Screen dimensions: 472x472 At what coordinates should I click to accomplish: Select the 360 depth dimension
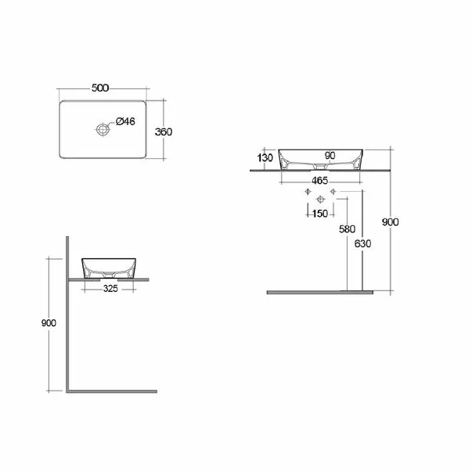[x=163, y=132]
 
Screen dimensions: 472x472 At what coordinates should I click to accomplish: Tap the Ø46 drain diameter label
[x=126, y=121]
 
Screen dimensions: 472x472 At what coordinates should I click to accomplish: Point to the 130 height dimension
[x=265, y=157]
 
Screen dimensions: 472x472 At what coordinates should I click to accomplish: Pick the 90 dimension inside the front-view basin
[x=330, y=156]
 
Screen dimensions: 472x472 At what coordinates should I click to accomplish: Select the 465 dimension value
[x=319, y=180]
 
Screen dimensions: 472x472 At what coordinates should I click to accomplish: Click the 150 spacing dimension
[x=319, y=213]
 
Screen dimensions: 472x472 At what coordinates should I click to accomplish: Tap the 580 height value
[x=347, y=229]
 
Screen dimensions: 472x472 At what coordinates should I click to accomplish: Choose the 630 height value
[x=362, y=243]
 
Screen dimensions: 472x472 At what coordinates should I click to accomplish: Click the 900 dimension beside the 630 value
[x=390, y=222]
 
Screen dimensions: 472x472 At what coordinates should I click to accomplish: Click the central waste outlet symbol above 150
[x=319, y=200]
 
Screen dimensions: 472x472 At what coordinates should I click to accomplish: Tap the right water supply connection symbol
[x=333, y=192]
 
